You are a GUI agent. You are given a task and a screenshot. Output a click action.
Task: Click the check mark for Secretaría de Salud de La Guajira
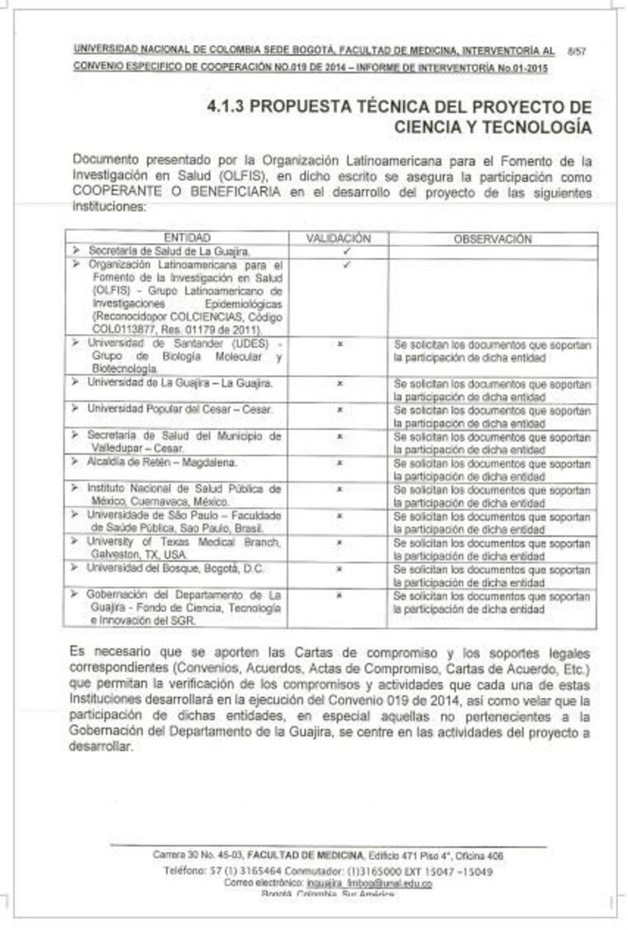[x=346, y=250]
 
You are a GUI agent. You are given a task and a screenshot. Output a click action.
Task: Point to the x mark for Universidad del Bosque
[x=339, y=569]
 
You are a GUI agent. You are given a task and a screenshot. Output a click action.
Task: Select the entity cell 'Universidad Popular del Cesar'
[x=180, y=410]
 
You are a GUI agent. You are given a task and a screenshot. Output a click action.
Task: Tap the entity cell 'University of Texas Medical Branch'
[x=183, y=548]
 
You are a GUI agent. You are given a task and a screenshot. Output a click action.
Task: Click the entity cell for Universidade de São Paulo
[x=183, y=521]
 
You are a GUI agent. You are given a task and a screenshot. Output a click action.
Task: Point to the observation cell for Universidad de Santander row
[x=492, y=351]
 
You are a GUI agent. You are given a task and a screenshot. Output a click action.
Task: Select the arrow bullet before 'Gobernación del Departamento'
[x=75, y=595]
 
